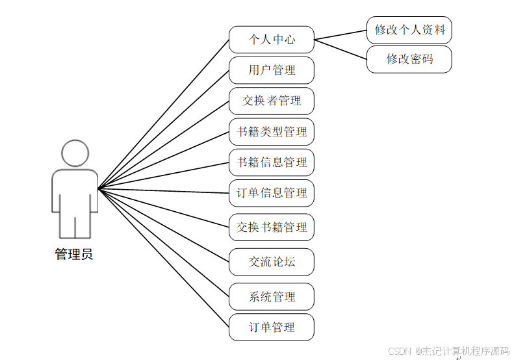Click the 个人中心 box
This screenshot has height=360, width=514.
(272, 40)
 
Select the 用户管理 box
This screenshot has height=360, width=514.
(272, 70)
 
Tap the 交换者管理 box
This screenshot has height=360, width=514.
(272, 101)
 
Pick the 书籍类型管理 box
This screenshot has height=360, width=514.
(272, 132)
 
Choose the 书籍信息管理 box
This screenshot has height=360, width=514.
(272, 162)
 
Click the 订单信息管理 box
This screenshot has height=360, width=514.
(272, 193)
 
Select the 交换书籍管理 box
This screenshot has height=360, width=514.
(272, 227)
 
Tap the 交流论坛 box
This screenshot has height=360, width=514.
(272, 262)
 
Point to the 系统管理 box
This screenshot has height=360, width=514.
(272, 297)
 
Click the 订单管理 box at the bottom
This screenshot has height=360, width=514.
(272, 328)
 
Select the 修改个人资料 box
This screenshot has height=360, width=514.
(409, 30)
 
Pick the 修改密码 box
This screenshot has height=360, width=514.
(409, 59)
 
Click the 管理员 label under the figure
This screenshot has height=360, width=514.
(74, 254)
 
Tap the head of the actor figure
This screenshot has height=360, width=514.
(75, 153)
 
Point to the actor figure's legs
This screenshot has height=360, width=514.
(75, 224)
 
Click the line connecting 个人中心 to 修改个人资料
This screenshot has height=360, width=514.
(341, 34)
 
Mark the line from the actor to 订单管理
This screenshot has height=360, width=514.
(162, 257)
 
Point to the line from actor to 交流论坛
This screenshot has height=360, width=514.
(162, 225)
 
